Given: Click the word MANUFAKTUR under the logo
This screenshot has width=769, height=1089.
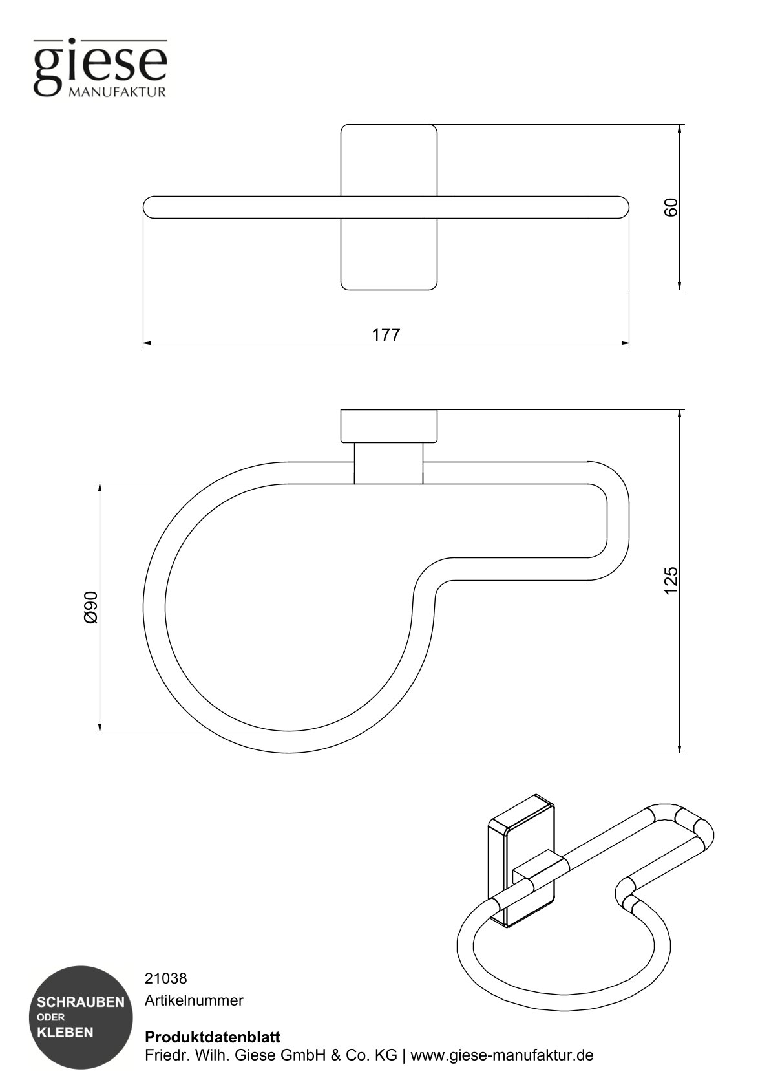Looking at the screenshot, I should [117, 92].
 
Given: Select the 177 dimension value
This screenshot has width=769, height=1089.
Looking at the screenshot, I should [386, 334].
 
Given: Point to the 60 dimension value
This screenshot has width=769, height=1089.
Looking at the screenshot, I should [671, 207].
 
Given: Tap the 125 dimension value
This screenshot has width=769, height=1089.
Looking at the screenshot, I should [671, 580].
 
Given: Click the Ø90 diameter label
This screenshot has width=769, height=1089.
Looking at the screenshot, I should [90, 607].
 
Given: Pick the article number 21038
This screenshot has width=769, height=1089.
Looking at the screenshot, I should [165, 978].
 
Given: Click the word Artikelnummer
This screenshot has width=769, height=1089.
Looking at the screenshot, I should [194, 1000].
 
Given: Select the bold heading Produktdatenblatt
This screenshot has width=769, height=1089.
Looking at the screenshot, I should [213, 1037].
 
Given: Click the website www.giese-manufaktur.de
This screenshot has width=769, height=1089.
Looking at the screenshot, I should [502, 1055].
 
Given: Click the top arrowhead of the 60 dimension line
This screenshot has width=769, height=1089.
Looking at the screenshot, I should [680, 129].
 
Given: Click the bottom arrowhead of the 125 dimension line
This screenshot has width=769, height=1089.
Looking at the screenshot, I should [680, 748].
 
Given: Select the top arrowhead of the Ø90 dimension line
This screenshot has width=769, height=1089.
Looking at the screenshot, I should [100, 488].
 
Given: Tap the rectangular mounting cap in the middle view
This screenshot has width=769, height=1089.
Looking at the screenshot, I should [388, 426].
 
